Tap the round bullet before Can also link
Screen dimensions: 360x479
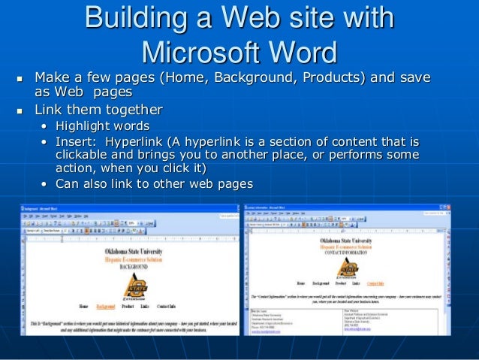(x=46, y=184)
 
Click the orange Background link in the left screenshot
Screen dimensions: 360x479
(x=106, y=307)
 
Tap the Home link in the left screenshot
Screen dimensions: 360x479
(x=83, y=307)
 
